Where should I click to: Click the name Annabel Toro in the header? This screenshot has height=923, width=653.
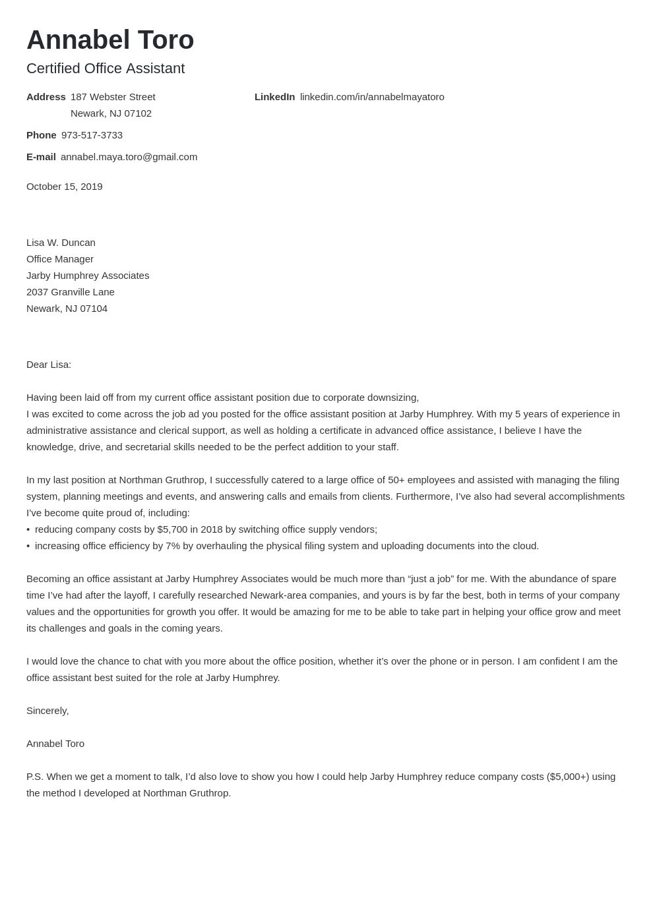click(x=110, y=40)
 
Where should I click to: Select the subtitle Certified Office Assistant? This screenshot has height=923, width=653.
click(x=106, y=69)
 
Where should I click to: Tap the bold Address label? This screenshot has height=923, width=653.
click(x=46, y=97)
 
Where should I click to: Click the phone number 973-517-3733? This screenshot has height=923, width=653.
click(x=92, y=135)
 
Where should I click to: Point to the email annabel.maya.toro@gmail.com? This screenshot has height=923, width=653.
click(x=129, y=157)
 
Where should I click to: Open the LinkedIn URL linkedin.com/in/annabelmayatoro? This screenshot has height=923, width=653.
click(x=372, y=97)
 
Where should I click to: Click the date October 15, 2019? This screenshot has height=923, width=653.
click(x=64, y=187)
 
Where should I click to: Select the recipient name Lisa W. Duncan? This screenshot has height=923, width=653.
click(x=61, y=243)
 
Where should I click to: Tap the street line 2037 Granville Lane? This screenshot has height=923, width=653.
click(x=70, y=292)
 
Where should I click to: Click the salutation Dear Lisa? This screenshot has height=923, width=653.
click(x=49, y=365)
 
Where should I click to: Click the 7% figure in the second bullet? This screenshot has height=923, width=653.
click(x=173, y=546)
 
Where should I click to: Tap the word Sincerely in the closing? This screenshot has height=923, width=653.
click(x=47, y=711)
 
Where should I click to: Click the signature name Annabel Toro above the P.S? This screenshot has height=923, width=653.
click(x=55, y=744)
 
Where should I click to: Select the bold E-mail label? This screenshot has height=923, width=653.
click(x=41, y=157)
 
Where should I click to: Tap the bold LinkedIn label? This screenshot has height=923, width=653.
click(x=274, y=97)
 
